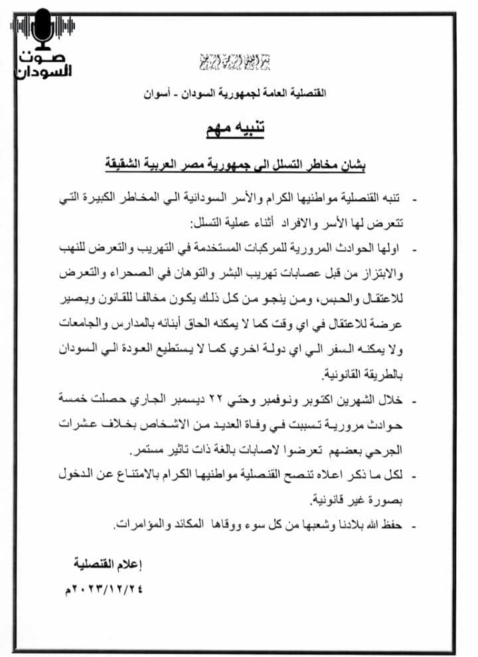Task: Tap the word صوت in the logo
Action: click(44, 56)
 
